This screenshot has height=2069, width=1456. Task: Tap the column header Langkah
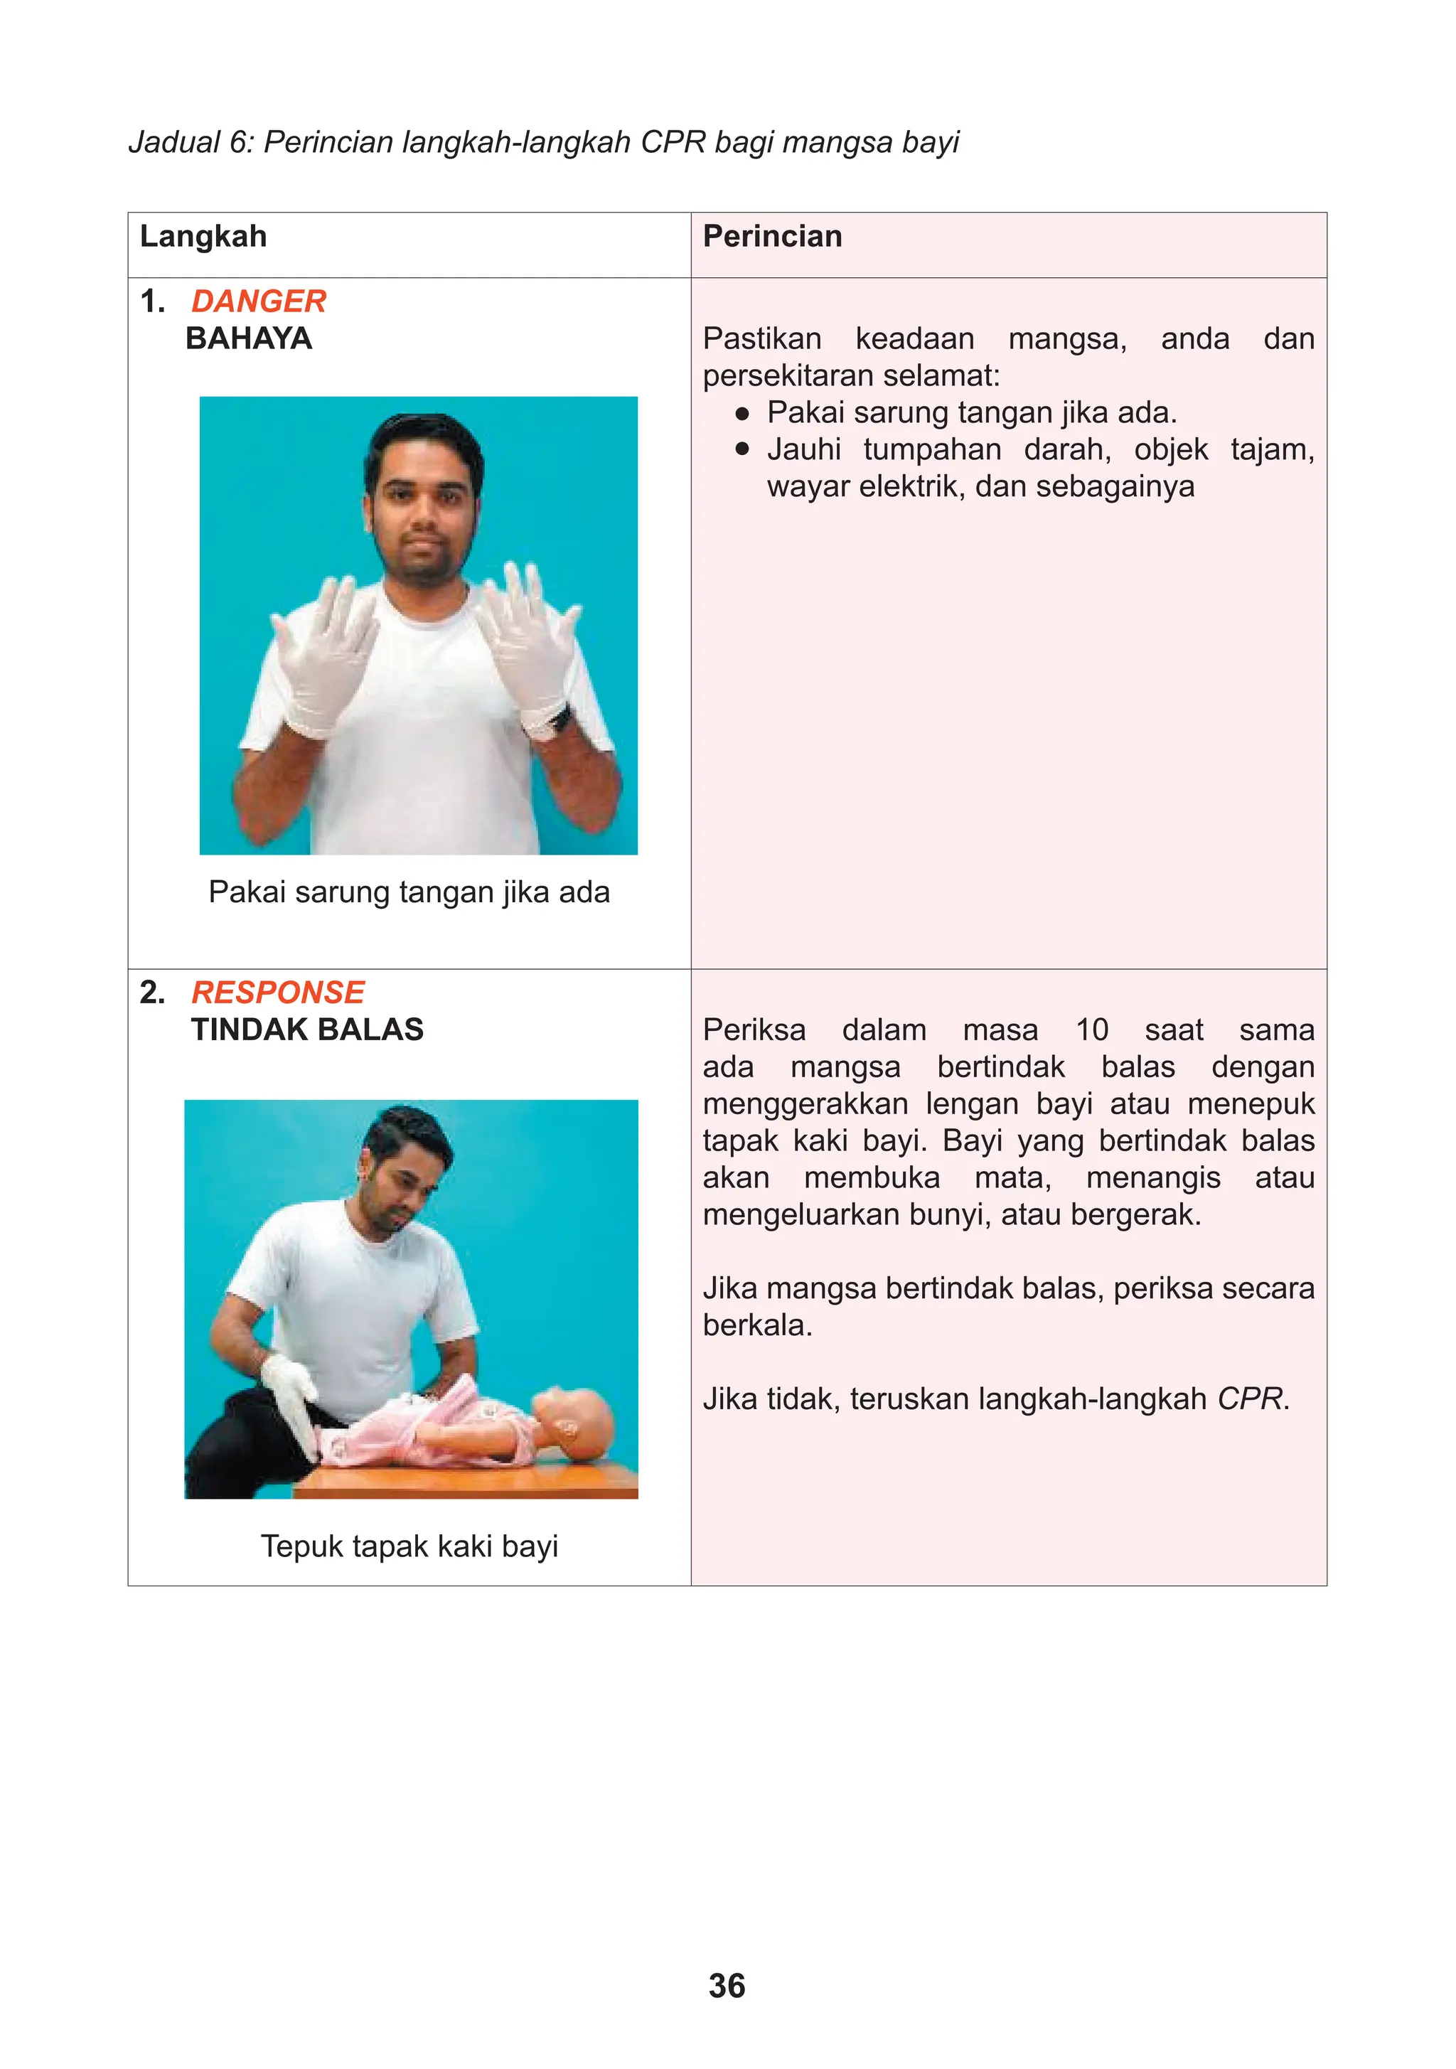203,236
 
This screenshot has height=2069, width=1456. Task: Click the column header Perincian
772,236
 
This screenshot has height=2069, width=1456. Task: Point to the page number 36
727,1986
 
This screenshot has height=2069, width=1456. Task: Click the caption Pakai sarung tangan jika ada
409,892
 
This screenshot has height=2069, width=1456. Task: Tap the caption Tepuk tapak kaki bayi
409,1546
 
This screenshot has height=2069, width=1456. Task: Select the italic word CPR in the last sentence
1249,1399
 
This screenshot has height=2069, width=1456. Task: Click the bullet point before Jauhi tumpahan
742,449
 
